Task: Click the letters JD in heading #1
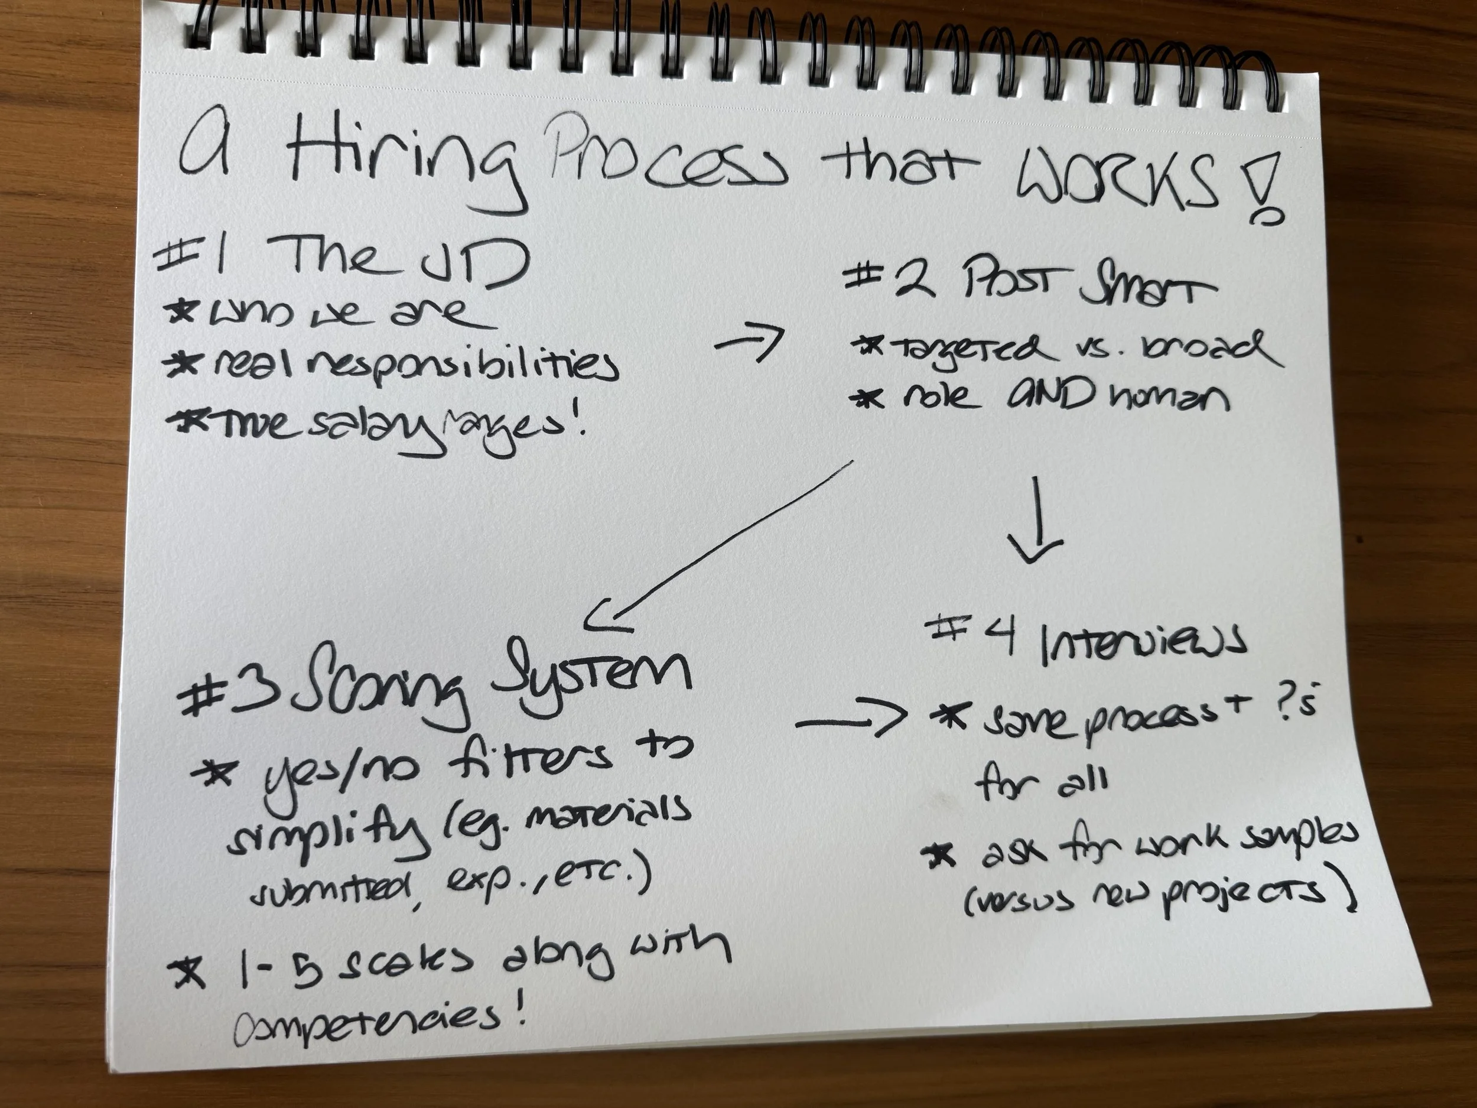coord(474,264)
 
